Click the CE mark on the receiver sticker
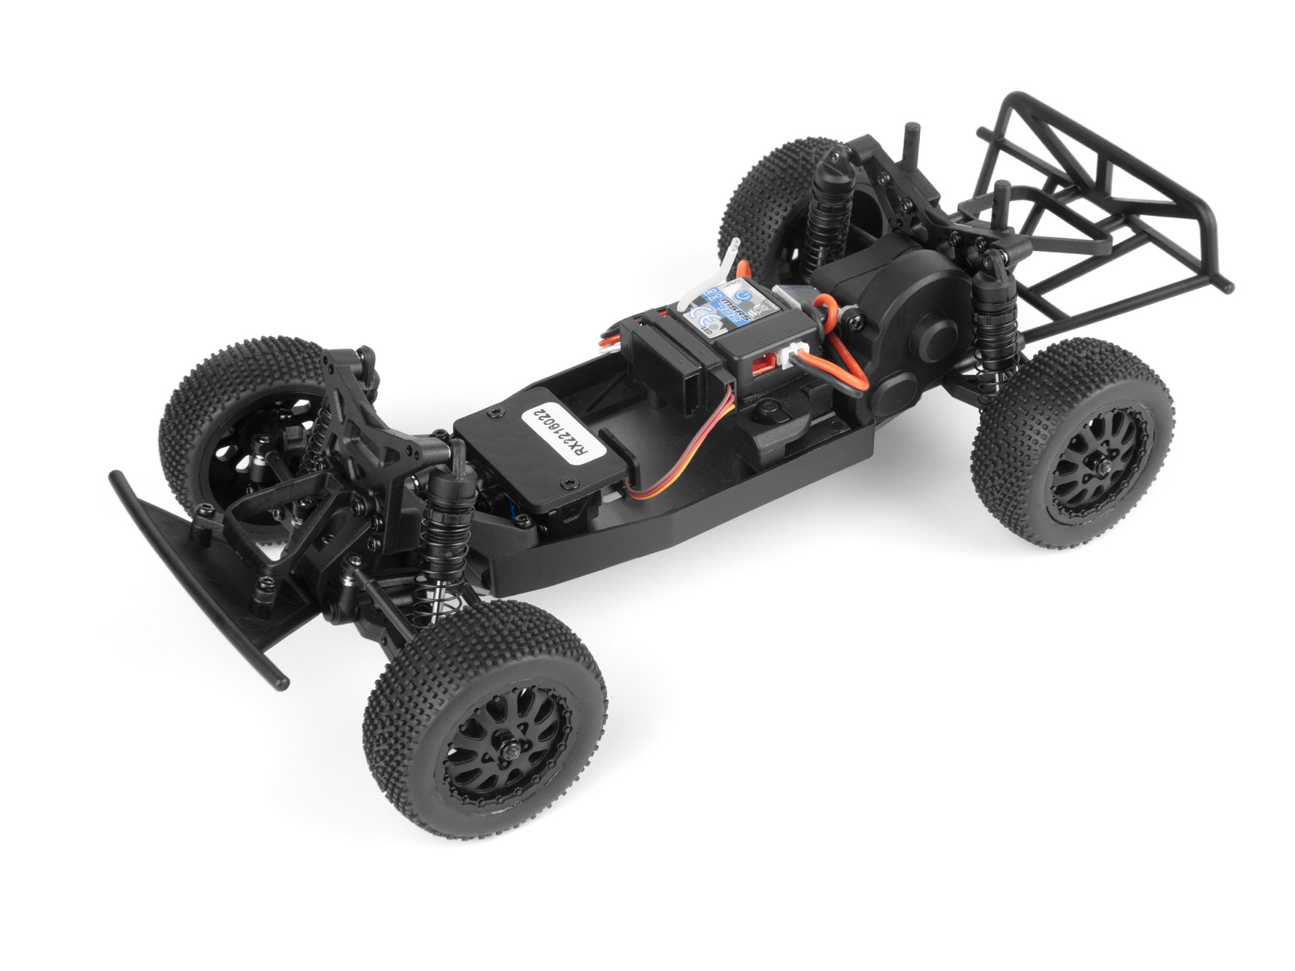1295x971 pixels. tap(697, 314)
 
